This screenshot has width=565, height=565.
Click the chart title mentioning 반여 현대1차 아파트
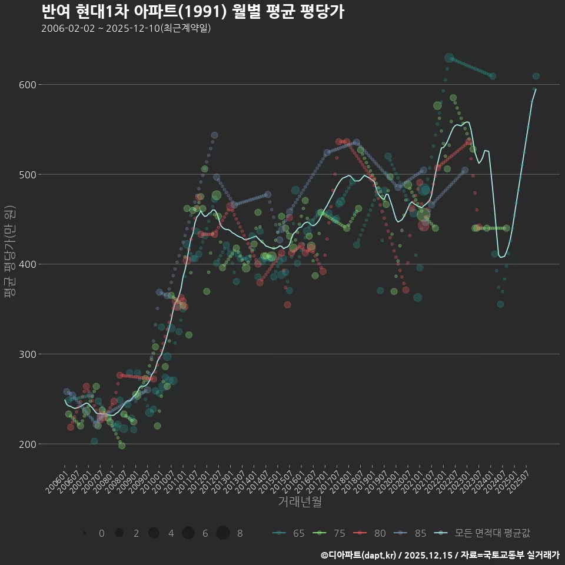click(193, 12)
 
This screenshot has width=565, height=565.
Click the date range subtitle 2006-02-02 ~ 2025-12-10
click(126, 29)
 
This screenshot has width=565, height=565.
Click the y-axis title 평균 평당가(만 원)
click(9, 252)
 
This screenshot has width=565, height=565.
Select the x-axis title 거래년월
click(300, 502)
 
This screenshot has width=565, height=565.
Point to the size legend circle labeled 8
click(222, 533)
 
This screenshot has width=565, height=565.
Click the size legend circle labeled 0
click(85, 533)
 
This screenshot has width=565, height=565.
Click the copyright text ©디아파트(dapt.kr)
click(360, 555)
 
